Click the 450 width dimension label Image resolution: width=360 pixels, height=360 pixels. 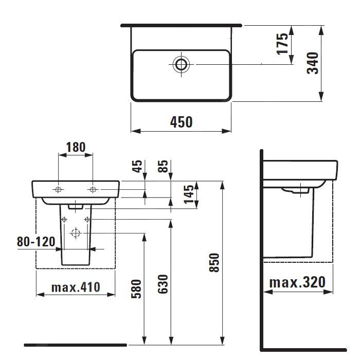click(181, 122)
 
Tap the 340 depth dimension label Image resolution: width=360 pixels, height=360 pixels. click(313, 63)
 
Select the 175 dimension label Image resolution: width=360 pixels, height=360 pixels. click(282, 44)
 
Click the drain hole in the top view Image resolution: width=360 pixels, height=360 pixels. click(181, 64)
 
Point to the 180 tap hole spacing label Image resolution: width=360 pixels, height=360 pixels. click(76, 147)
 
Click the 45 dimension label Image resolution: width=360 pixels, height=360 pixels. click(137, 166)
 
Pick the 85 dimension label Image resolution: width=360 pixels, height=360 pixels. click(163, 166)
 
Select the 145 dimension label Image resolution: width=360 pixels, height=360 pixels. click(189, 194)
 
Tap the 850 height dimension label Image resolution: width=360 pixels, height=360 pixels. click(214, 263)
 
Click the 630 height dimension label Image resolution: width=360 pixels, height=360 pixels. click(163, 284)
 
